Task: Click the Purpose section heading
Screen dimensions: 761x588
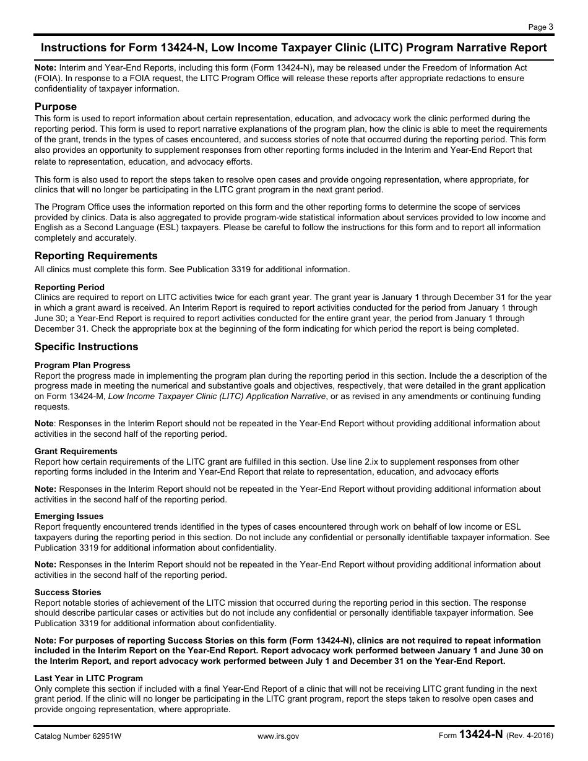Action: tap(56, 106)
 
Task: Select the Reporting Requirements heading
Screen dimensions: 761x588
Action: tap(96, 256)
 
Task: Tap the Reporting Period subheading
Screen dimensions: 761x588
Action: tap(69, 287)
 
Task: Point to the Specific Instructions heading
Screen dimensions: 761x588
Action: tap(86, 346)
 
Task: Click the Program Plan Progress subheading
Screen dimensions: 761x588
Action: tap(82, 365)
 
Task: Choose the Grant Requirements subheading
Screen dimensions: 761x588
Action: tap(76, 451)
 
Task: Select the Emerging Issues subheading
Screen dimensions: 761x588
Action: tap(69, 516)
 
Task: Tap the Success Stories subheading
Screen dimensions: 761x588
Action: tap(67, 592)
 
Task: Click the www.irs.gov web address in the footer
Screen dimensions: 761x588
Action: tap(278, 736)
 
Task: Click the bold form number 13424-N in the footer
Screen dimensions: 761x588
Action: tap(481, 735)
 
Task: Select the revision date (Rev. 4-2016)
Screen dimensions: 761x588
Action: tap(530, 736)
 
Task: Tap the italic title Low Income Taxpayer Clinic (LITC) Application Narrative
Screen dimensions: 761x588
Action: tap(217, 397)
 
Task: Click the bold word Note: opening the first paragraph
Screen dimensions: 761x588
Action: tap(45, 67)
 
